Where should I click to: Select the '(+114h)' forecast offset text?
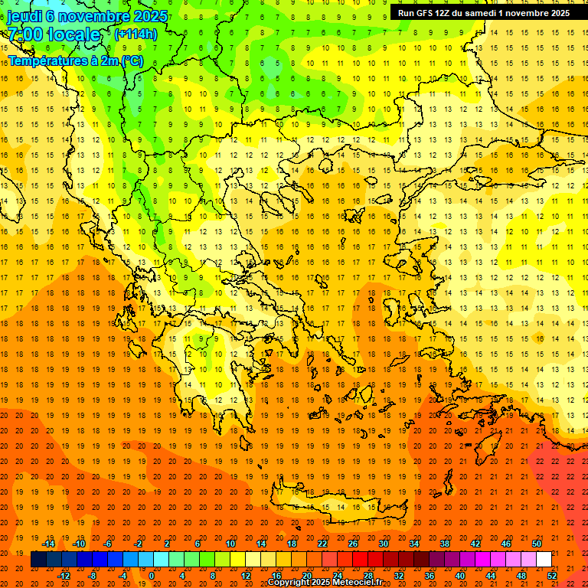(136, 34)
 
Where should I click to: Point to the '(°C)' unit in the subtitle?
(131, 60)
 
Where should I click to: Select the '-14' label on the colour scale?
(47, 544)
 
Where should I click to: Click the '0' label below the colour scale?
(152, 576)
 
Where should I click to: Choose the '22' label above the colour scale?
(323, 544)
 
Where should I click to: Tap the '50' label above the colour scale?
(537, 544)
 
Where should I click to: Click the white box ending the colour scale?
(544, 560)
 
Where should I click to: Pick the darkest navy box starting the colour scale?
(38, 560)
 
